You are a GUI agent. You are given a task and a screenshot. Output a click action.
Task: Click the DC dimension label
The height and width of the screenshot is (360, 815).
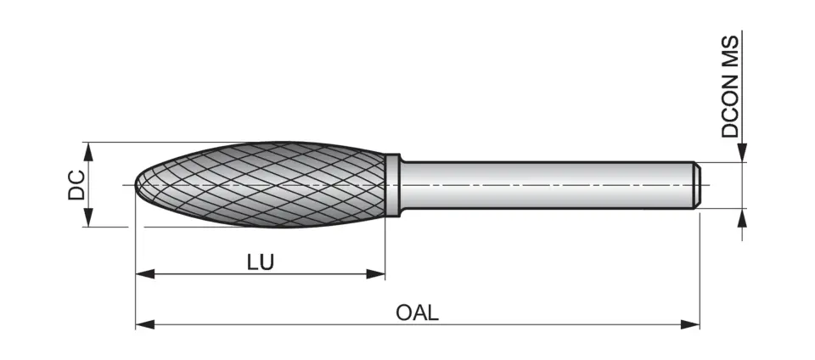(x=76, y=184)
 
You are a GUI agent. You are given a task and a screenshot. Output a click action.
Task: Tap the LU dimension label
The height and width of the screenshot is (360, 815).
(x=260, y=262)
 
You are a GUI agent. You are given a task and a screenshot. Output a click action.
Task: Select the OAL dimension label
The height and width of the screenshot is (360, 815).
(x=417, y=312)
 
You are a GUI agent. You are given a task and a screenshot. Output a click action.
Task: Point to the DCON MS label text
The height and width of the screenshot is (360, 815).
(x=732, y=87)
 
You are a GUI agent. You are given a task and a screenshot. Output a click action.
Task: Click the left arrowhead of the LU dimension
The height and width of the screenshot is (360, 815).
(x=145, y=273)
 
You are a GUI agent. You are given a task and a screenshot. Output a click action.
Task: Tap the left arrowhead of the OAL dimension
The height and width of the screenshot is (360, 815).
(x=145, y=323)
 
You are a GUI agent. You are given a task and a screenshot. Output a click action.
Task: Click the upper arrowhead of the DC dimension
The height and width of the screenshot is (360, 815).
(x=87, y=151)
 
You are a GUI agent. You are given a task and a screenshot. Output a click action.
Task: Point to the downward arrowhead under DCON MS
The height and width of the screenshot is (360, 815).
(x=743, y=153)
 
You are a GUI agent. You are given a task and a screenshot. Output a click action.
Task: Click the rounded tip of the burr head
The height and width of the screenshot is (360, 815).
(x=141, y=184)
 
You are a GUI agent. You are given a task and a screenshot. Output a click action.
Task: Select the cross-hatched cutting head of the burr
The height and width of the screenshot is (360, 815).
(x=263, y=184)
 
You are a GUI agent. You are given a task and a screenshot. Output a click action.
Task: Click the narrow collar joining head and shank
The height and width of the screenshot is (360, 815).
(x=392, y=184)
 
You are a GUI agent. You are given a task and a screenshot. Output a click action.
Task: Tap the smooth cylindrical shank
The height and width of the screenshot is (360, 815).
(x=543, y=184)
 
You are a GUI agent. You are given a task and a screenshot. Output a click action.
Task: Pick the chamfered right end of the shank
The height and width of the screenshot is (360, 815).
(x=695, y=184)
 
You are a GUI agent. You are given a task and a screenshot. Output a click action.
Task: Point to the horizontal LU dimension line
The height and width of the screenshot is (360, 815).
(x=323, y=273)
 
